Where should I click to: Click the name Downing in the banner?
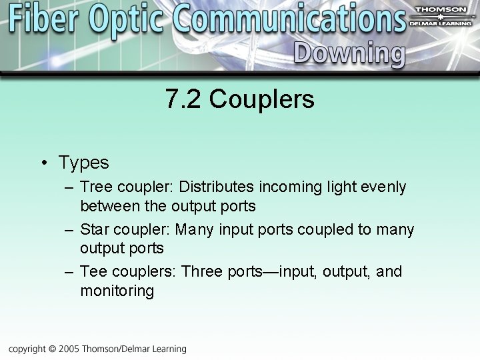349,54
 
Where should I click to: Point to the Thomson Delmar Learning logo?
441,14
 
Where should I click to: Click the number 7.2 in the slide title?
183,100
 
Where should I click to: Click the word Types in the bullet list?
83,162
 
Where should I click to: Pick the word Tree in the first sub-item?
95,187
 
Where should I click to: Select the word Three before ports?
205,272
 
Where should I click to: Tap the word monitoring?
117,291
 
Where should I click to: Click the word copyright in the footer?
27,349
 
